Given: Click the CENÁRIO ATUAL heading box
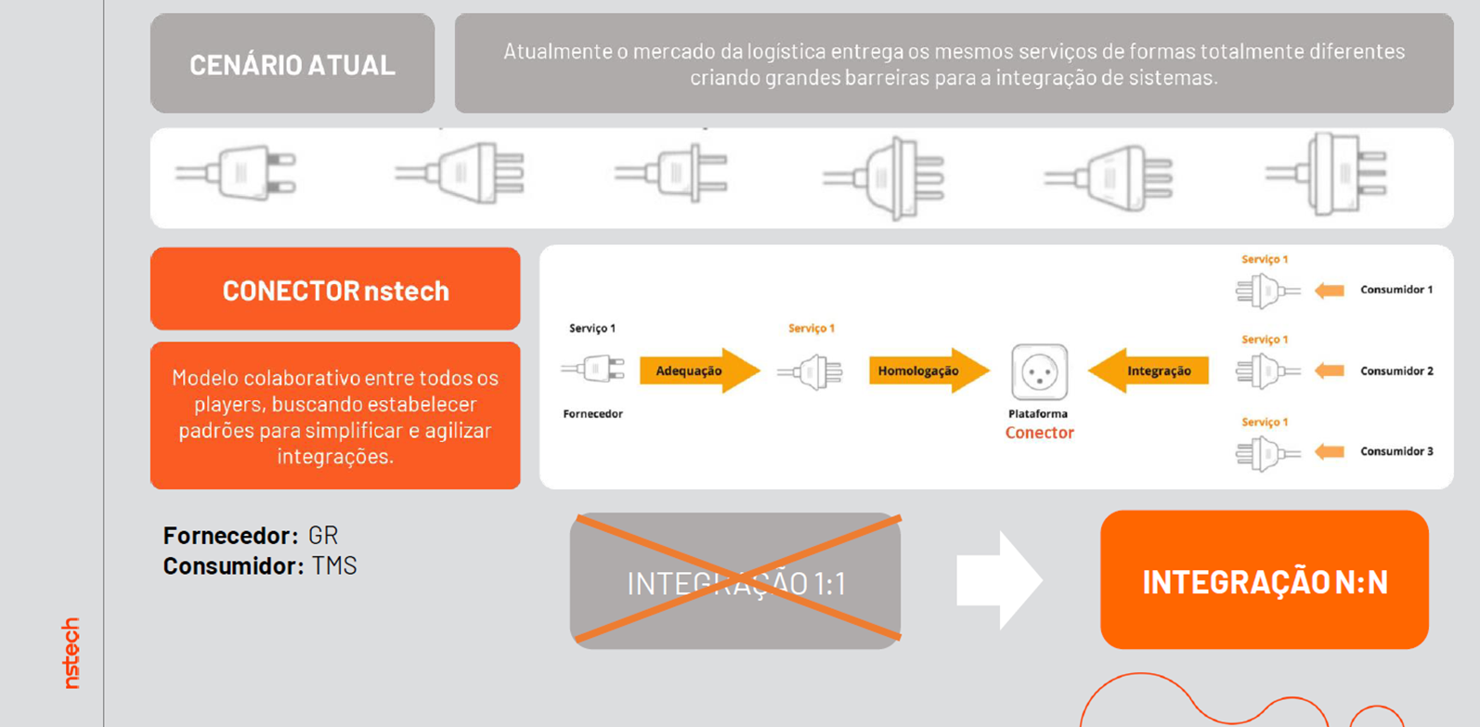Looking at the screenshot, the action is (292, 64).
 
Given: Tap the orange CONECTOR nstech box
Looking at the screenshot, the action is (335, 290).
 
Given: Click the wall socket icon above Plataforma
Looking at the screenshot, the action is (1039, 371).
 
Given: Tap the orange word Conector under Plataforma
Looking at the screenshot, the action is (1039, 433).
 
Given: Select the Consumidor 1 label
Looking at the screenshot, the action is (1396, 290).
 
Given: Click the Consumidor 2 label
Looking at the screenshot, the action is (1396, 370).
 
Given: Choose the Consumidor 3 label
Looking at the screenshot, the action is (1396, 451).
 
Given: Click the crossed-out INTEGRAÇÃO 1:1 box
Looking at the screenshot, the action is (735, 581).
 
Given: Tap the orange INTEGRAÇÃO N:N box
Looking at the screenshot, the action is (1264, 580).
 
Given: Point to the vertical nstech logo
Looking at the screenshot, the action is (71, 653).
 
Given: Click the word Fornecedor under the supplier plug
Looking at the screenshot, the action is (592, 414).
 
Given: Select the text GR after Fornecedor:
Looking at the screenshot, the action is (323, 536).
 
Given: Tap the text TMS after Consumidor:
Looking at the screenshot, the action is (334, 565).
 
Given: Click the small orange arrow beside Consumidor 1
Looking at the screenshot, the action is (1330, 291).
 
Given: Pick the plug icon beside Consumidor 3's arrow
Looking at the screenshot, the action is (1266, 453).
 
